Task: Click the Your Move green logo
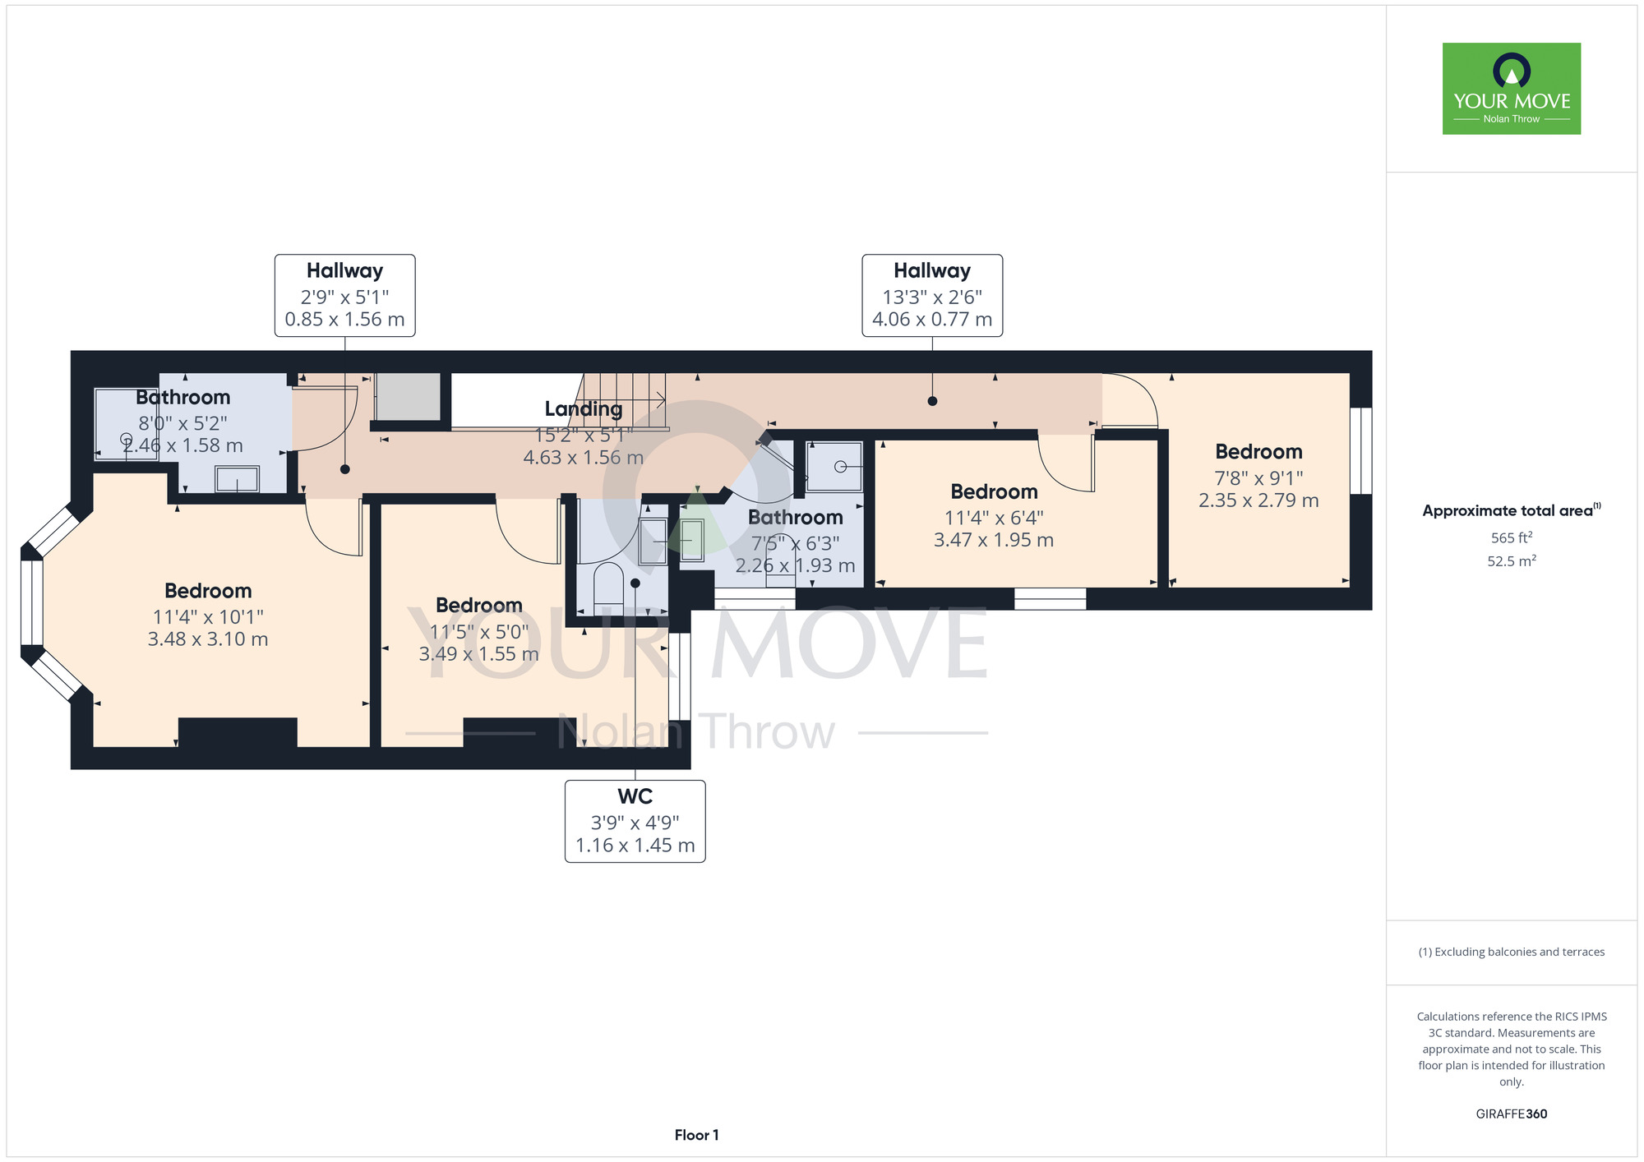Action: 1512,89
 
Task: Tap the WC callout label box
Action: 635,821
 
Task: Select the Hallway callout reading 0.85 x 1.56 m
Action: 344,295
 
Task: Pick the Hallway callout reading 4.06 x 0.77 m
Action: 932,295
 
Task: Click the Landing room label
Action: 584,408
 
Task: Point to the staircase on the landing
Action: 625,400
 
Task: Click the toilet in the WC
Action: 609,584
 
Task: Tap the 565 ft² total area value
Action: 1512,537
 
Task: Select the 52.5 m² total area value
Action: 1512,561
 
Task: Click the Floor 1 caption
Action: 696,1135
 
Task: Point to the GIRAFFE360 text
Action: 1512,1114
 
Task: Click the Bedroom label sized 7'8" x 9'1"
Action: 1258,451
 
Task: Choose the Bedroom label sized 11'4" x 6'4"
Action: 994,491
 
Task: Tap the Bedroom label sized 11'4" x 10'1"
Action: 208,591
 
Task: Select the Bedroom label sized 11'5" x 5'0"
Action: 479,606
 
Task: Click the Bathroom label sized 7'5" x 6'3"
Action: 796,518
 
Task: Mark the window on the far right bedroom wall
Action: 1361,450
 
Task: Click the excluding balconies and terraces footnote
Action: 1512,952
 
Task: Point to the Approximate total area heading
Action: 1512,510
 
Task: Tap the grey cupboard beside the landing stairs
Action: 408,396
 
